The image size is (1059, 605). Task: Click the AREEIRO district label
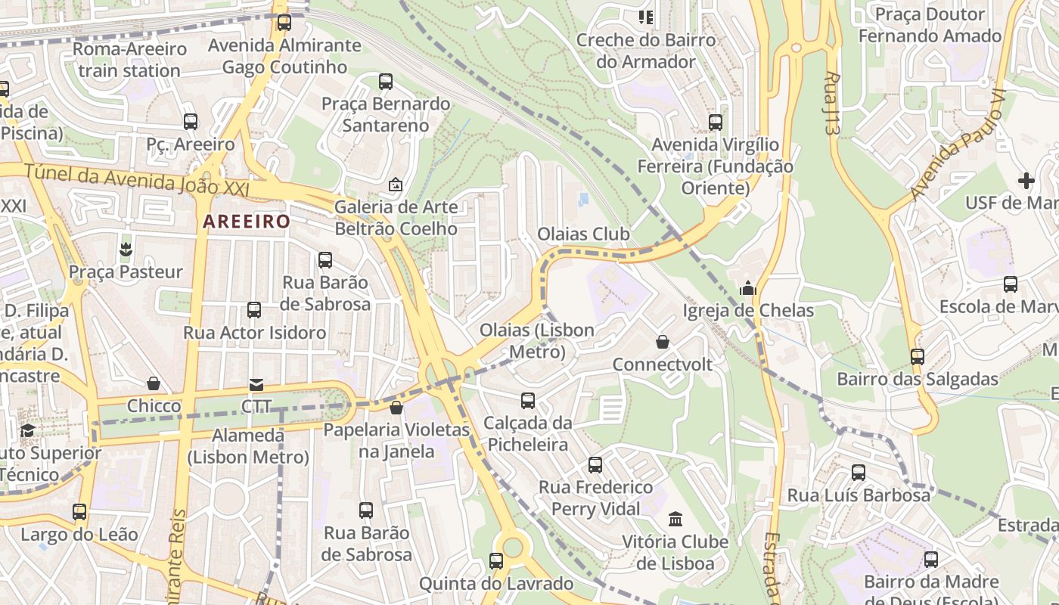pyautogui.click(x=247, y=222)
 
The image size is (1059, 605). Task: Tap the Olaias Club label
pyautogui.click(x=583, y=234)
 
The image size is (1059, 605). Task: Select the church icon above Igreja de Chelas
pyautogui.click(x=748, y=288)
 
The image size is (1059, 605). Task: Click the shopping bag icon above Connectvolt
pyautogui.click(x=663, y=342)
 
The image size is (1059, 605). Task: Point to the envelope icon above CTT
pyautogui.click(x=256, y=385)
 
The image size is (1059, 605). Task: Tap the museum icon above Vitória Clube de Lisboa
pyautogui.click(x=675, y=520)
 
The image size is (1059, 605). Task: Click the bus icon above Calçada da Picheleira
pyautogui.click(x=528, y=400)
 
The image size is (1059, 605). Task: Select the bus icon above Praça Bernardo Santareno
pyautogui.click(x=386, y=82)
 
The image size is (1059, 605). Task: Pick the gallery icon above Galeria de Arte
pyautogui.click(x=396, y=185)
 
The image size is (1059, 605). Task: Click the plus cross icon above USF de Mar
pyautogui.click(x=1026, y=181)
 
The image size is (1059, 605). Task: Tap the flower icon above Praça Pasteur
pyautogui.click(x=126, y=249)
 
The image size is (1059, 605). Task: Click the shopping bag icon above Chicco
pyautogui.click(x=154, y=384)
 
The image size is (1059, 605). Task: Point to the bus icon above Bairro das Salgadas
pyautogui.click(x=918, y=357)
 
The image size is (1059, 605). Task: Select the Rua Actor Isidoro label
pyautogui.click(x=255, y=333)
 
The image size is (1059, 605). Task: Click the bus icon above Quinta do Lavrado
pyautogui.click(x=496, y=561)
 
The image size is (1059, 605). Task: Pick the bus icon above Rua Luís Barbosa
pyautogui.click(x=859, y=473)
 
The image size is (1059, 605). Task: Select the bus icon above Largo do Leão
pyautogui.click(x=79, y=512)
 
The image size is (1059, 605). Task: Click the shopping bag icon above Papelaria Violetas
pyautogui.click(x=396, y=408)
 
